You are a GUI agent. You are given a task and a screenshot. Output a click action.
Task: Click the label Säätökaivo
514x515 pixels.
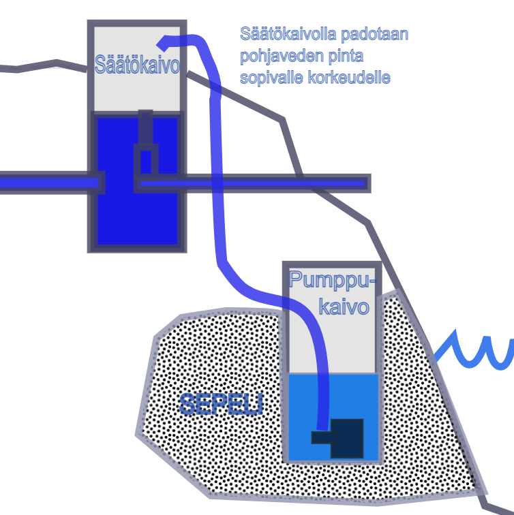137,66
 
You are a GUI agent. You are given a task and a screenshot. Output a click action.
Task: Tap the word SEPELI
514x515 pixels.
221,404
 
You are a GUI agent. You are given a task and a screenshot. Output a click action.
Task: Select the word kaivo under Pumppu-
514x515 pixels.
344,306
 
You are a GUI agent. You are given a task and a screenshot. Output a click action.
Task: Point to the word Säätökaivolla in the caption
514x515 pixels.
281,33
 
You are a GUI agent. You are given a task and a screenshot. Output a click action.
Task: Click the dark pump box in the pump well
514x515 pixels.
347,438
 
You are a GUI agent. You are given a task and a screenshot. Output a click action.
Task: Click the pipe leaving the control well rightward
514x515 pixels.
273,183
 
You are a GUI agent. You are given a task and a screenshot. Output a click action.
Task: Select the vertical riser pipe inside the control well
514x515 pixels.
145,129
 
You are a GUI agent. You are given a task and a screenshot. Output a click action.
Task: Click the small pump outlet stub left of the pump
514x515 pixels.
320,437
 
